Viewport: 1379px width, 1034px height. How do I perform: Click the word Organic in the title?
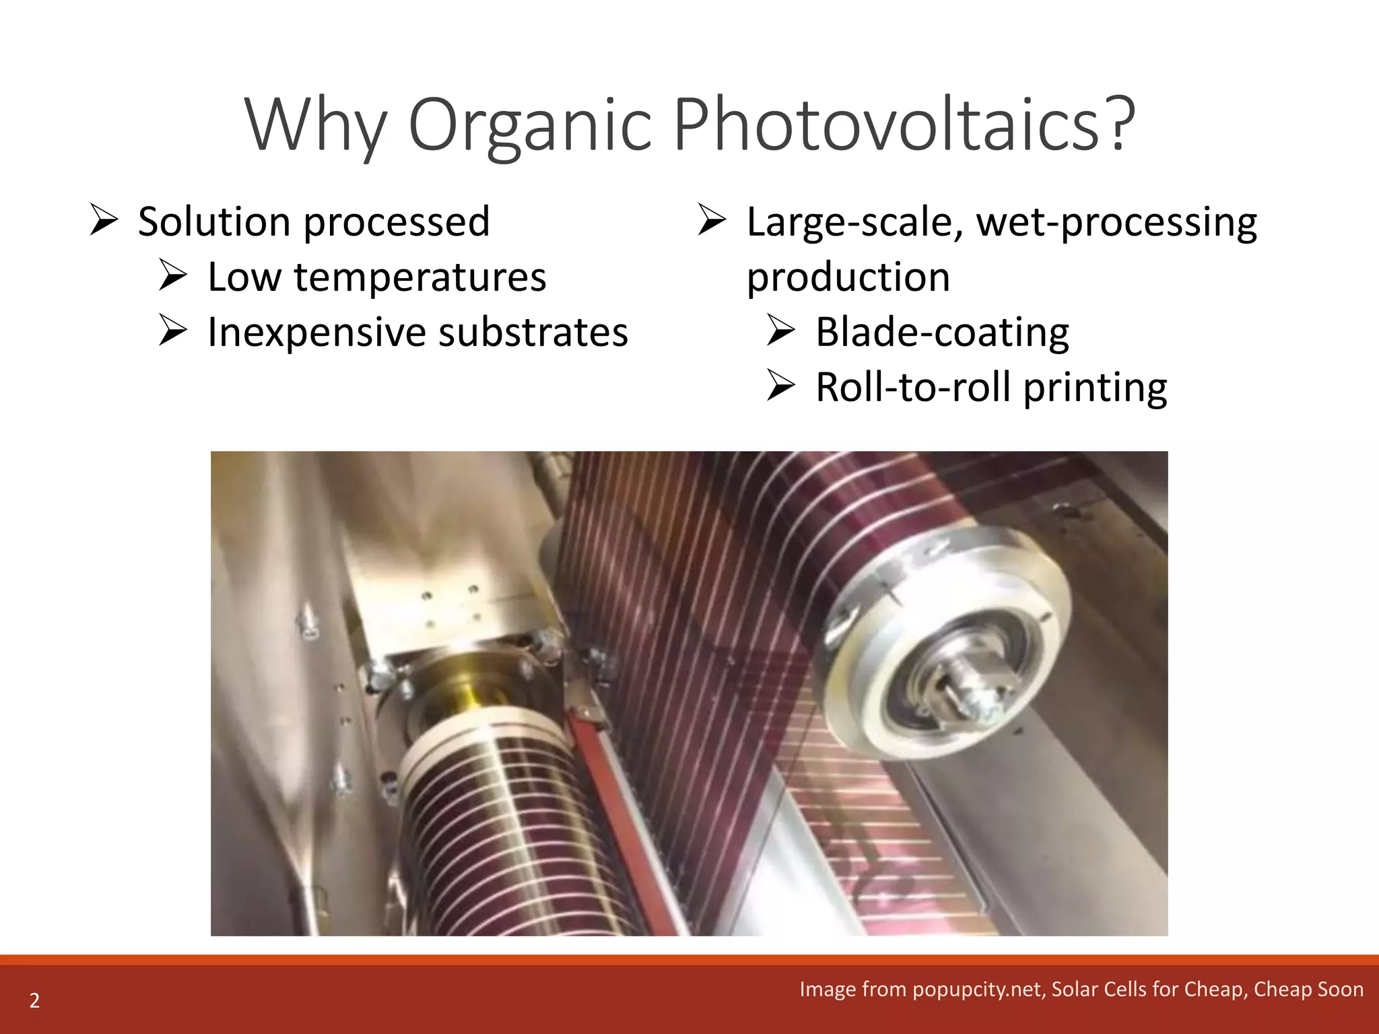click(x=530, y=125)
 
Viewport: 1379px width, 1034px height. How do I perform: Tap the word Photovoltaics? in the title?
click(x=904, y=124)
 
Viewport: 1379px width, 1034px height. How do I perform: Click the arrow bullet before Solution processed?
click(x=104, y=220)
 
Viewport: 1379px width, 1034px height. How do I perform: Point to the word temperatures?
click(x=419, y=277)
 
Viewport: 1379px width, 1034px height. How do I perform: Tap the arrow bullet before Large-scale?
click(x=712, y=220)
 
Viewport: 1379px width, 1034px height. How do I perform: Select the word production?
click(x=848, y=277)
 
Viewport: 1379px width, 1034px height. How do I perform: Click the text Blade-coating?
click(x=942, y=333)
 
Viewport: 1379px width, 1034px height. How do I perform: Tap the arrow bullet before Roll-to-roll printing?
click(x=782, y=387)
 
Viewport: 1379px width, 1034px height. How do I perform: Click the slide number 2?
click(x=34, y=1000)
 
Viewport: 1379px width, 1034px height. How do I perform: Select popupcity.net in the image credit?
click(x=977, y=989)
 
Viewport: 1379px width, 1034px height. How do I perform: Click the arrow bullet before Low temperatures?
click(x=173, y=276)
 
